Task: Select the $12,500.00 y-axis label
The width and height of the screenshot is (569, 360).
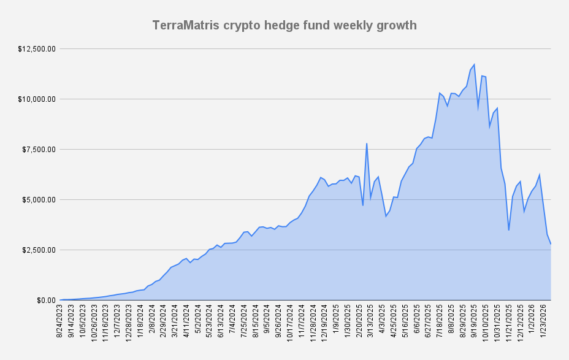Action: (37, 48)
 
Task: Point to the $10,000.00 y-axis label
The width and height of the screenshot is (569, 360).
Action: (37, 99)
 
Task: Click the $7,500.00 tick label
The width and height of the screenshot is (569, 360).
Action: (40, 149)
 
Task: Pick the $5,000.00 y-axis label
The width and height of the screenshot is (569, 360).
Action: (40, 199)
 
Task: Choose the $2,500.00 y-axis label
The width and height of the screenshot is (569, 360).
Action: (40, 250)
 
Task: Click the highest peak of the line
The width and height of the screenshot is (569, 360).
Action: (474, 64)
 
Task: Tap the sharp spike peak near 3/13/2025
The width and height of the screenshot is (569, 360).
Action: (367, 144)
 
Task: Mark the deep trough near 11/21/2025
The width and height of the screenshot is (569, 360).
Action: (509, 230)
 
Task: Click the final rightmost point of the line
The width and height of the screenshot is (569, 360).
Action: (551, 244)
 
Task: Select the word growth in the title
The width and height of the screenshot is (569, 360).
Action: (397, 25)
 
